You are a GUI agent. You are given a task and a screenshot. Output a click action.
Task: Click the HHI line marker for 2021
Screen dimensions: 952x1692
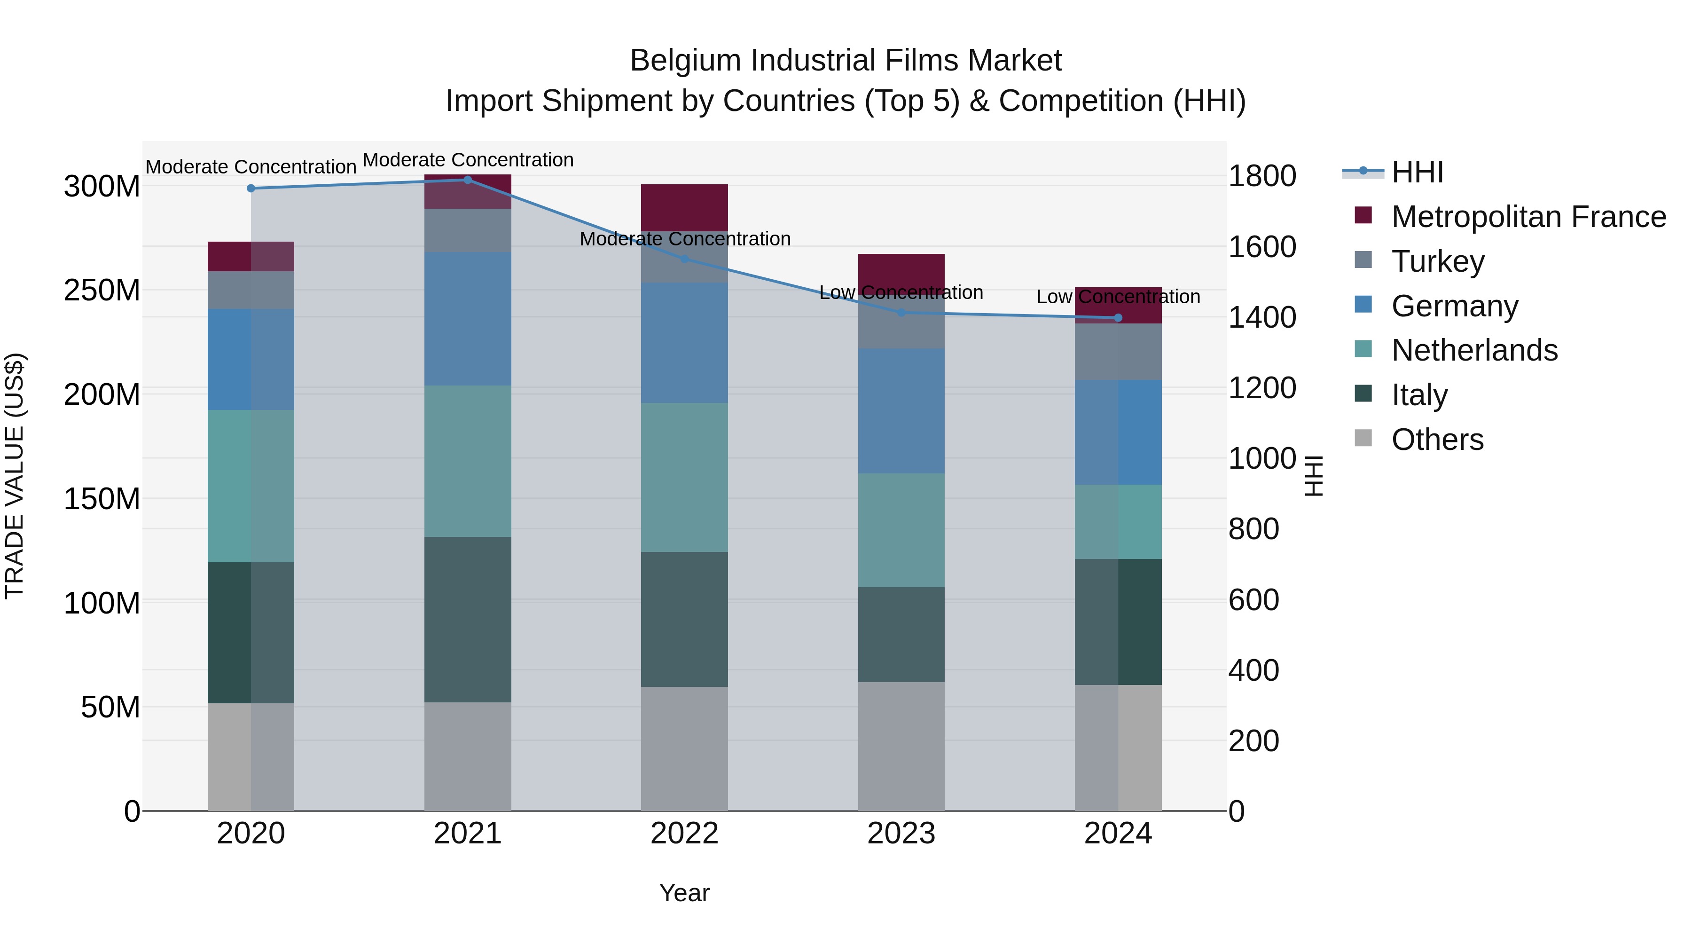468,180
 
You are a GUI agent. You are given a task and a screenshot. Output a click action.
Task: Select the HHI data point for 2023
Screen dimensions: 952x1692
901,313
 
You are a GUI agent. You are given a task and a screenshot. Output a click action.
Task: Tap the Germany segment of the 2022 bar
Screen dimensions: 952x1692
684,343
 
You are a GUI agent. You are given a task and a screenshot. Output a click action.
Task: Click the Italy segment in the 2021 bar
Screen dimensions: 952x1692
468,620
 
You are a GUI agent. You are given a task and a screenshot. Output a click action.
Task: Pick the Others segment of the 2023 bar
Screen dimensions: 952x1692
901,747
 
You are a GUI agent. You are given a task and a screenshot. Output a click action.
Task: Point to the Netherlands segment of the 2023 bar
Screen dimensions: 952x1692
901,530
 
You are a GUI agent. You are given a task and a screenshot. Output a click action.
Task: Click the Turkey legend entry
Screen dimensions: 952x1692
1437,261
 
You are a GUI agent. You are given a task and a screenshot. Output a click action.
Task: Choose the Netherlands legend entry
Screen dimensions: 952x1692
1474,350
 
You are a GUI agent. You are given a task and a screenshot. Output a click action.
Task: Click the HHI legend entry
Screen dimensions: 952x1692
1417,172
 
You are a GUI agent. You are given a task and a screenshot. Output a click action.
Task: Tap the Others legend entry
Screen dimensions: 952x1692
1437,440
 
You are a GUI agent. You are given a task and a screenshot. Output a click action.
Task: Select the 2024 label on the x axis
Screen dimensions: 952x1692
1118,834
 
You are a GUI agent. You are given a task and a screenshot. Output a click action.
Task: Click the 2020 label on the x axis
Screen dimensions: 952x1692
251,834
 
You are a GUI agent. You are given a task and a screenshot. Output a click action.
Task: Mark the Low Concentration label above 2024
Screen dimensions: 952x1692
1118,297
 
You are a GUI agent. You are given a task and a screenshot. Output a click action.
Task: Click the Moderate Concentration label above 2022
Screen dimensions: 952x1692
684,239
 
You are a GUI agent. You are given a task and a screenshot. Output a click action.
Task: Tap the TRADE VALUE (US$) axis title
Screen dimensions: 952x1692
15,476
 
